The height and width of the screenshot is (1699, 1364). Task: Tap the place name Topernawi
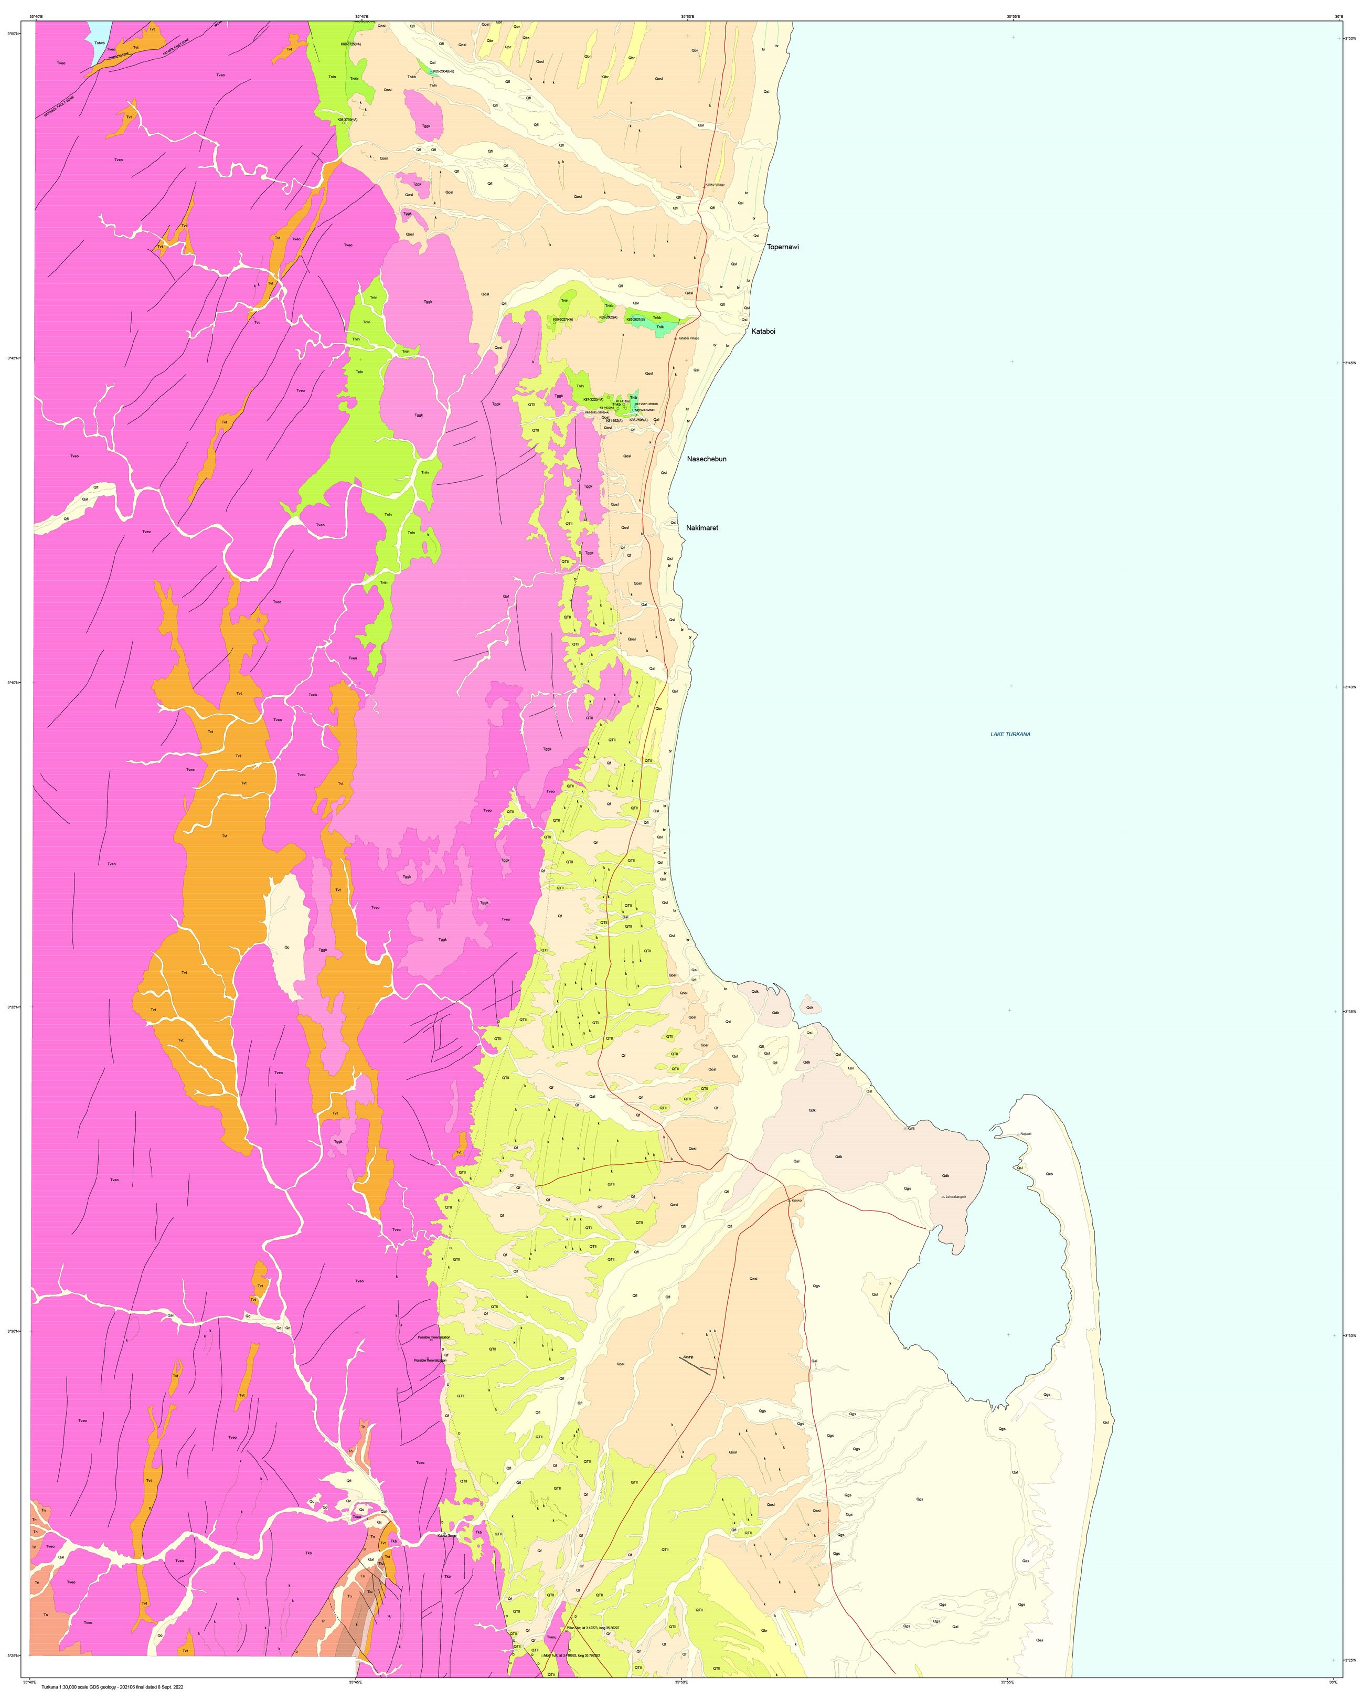point(783,247)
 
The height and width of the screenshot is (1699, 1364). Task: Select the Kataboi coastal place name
point(763,332)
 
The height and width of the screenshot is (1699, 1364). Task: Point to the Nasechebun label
point(706,459)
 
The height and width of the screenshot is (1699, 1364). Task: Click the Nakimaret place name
point(702,527)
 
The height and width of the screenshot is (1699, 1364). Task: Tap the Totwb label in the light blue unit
point(99,44)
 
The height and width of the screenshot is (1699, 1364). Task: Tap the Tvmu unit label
point(551,1659)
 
